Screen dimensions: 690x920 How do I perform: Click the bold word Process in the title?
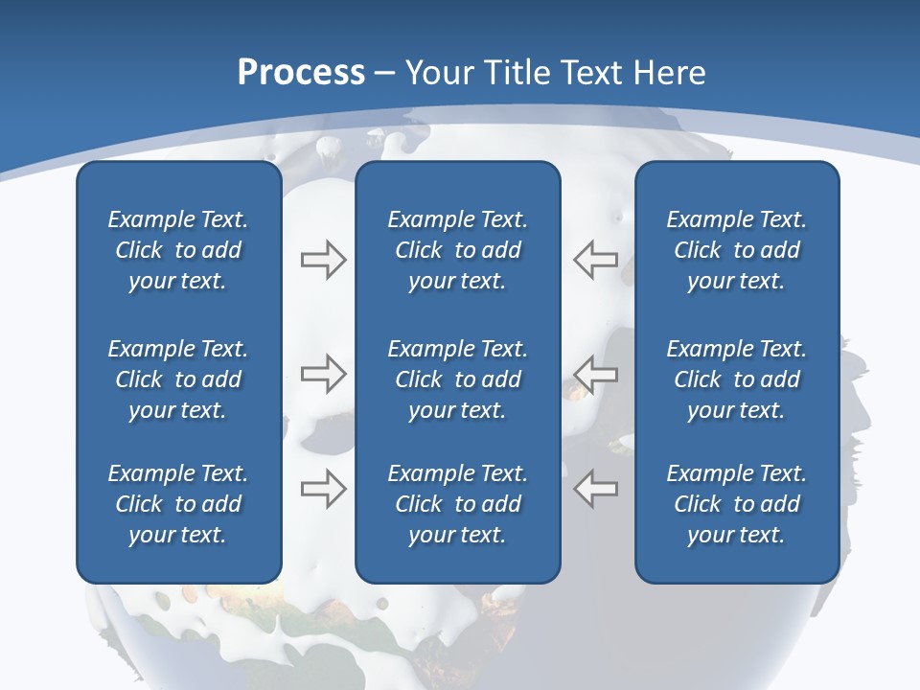coord(301,73)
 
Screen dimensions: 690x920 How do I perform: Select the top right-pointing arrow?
coord(323,260)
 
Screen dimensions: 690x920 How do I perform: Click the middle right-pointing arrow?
coord(323,374)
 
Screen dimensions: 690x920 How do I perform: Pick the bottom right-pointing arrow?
coord(323,488)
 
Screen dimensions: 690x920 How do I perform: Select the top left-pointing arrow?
coord(596,260)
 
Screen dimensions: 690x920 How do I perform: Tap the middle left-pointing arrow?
coord(596,374)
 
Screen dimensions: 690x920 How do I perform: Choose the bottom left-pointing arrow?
coord(596,488)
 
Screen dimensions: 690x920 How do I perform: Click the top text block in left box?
coord(178,250)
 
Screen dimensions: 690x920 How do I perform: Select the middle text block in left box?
coord(178,379)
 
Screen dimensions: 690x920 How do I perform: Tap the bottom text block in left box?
coord(178,504)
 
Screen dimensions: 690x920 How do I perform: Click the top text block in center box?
coord(457,250)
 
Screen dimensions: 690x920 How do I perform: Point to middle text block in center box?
coord(457,379)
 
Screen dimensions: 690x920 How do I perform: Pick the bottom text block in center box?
coord(457,504)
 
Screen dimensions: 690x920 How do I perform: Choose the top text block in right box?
coord(736,250)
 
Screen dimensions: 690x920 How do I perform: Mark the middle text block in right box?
coord(736,379)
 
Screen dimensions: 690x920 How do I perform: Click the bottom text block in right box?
coord(736,504)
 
